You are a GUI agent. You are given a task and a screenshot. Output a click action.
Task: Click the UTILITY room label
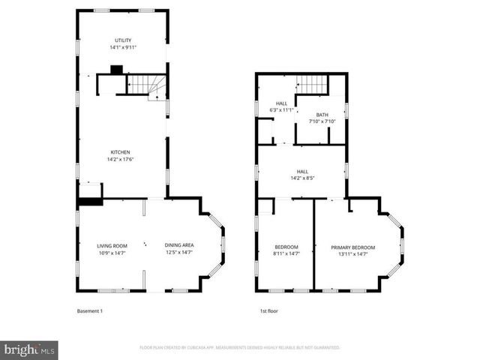(121, 40)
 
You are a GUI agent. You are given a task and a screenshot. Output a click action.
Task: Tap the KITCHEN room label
(121, 152)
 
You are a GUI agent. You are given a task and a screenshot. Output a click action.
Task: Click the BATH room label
(322, 115)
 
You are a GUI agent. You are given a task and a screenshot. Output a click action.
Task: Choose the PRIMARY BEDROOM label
(352, 247)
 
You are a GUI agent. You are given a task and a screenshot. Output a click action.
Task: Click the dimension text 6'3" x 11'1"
(281, 110)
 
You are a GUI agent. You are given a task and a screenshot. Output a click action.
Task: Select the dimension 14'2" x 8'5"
(301, 178)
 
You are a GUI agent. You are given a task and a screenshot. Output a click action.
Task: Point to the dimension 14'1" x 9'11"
(121, 47)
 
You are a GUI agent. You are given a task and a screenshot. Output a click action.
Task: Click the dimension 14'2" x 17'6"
(121, 159)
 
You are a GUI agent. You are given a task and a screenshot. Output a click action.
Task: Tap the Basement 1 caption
(90, 310)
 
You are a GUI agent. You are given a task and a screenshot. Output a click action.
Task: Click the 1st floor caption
(268, 310)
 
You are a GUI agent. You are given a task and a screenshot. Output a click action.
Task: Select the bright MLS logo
(30, 349)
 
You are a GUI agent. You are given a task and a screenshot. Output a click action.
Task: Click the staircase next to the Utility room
(145, 84)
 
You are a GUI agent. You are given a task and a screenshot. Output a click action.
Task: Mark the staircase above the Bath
(307, 84)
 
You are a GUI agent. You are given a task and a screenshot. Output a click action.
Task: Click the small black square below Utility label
(115, 70)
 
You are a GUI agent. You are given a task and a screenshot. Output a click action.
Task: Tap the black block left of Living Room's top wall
(89, 200)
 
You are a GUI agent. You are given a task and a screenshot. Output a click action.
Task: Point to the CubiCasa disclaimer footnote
(239, 348)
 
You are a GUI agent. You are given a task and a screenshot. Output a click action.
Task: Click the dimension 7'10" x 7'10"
(322, 121)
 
